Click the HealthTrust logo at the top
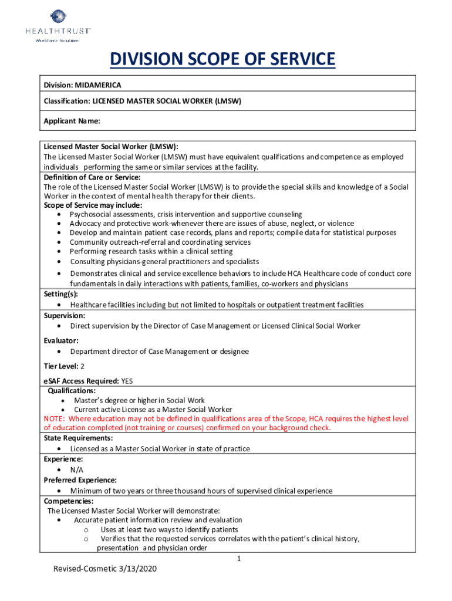coord(57,25)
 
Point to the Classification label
coord(66,101)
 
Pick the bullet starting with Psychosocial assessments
coord(186,214)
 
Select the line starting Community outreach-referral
coord(160,242)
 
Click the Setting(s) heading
coord(60,294)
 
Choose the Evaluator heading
coord(61,340)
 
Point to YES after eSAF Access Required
coord(127,381)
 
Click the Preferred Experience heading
coord(80,480)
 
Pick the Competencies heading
coord(68,501)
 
